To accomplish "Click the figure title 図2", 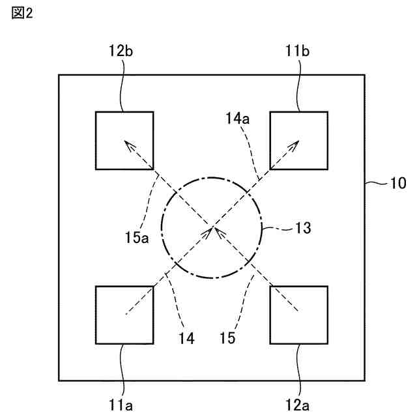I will [22, 12].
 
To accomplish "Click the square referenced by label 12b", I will [124, 140].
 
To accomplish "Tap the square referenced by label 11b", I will [298, 140].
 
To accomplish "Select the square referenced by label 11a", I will [124, 315].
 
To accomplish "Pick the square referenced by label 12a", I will [298, 315].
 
